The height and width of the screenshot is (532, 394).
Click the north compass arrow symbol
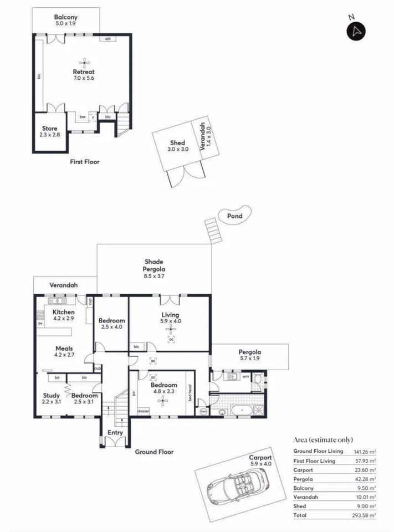tap(356, 31)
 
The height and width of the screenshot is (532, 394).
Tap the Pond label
tap(234, 216)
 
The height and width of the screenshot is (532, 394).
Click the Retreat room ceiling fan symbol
tap(84, 63)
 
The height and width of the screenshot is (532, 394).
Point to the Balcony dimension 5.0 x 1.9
tap(66, 23)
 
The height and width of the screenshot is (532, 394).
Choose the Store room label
tap(49, 128)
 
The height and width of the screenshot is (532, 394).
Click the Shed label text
tap(177, 143)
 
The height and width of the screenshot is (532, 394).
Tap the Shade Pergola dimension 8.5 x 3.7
tap(153, 276)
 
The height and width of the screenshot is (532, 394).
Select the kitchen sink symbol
tap(57, 300)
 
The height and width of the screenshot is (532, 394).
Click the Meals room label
tap(64, 349)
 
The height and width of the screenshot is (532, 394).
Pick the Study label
tap(51, 395)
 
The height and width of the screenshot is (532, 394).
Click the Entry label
tap(115, 432)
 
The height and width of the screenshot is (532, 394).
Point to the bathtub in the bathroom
tap(242, 410)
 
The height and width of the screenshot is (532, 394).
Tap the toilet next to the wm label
tap(257, 377)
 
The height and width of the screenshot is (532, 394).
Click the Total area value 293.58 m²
tap(365, 515)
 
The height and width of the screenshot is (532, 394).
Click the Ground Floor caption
tap(154, 452)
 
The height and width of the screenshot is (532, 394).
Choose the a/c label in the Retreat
tap(108, 39)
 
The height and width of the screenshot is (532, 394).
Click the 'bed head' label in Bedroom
tap(190, 392)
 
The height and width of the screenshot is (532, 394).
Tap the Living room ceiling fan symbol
tap(171, 329)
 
